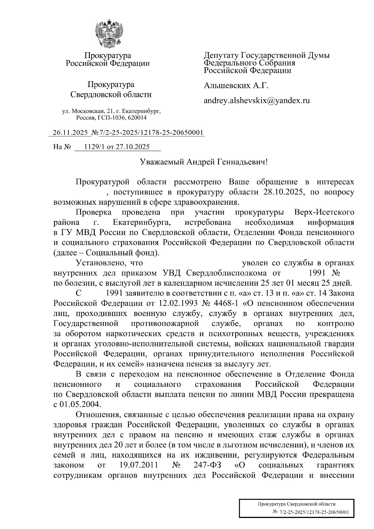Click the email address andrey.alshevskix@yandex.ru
click(257, 101)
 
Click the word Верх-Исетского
click(324, 212)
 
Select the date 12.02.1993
click(178, 303)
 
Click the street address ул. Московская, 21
click(88, 111)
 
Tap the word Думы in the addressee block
click(319, 55)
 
